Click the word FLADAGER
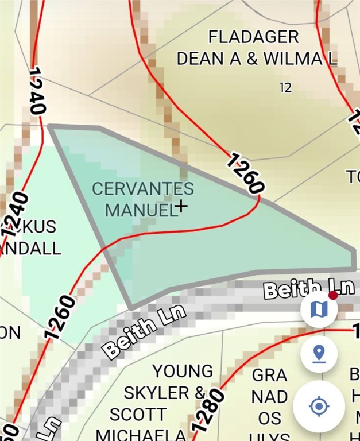coord(253,37)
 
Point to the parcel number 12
coord(285,88)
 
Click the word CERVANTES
coord(143,188)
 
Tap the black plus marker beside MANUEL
coord(181,206)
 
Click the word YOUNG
coord(183,372)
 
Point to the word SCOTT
coord(138,415)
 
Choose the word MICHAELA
coord(141,434)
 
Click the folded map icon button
coord(319,310)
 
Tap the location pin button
coord(319,354)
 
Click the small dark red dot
coord(332,295)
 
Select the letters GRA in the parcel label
coord(269,376)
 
